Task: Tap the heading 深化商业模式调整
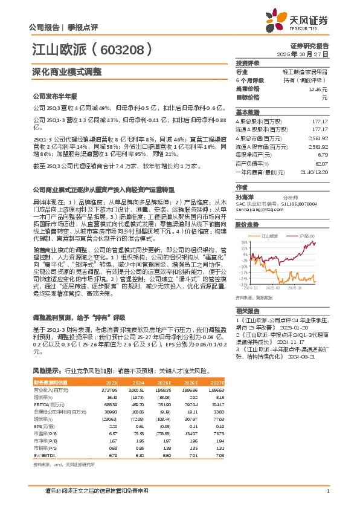pos(66,71)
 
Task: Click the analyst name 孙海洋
pos(245,197)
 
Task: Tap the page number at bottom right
pos(327,491)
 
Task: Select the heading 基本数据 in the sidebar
pos(248,112)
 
